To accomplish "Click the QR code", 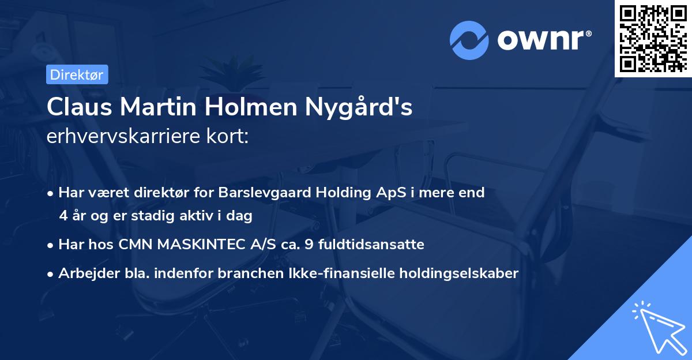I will point(653,38).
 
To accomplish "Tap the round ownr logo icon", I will point(470,39).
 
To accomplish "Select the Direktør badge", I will point(77,74).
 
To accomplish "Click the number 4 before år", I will point(63,216).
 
